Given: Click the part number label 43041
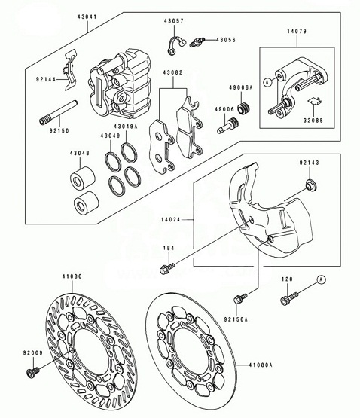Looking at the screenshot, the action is pos(87,17).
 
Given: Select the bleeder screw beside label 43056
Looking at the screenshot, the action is pos(197,42).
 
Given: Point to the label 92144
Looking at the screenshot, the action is pos(46,79).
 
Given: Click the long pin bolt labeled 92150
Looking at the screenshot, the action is pos(59,112).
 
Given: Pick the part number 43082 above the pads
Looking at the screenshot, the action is pos(172,72).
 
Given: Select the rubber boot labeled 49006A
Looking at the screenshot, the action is pos(243,108).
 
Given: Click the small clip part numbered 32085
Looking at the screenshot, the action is pos(315,101).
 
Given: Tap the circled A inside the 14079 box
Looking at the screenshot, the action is pos(267,82).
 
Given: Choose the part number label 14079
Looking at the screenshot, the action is pos(297,31).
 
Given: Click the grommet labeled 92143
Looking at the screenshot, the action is pos(310,185).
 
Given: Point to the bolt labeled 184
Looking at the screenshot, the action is pos(167,268).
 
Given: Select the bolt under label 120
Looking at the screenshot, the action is pos(289,298).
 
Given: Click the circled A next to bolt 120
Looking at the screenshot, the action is pos(322,279).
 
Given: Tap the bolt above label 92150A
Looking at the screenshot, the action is pos(240,298).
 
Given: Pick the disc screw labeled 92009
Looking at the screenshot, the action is pos(33,371).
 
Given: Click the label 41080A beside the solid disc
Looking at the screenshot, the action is pos(261,365).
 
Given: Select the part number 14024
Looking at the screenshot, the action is pos(171,220).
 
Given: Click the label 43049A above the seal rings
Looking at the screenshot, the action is pos(126,127).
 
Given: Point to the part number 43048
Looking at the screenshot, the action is pos(80,154).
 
